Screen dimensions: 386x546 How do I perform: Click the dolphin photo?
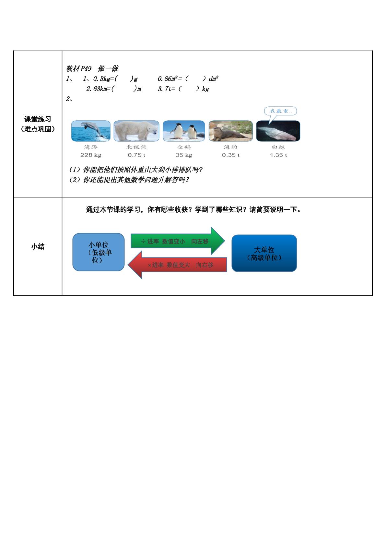[91, 131]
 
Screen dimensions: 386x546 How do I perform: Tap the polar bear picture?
[136, 131]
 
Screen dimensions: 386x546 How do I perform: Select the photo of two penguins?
[184, 131]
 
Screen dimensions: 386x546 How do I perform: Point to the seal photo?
[231, 131]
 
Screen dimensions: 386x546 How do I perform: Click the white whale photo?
[278, 131]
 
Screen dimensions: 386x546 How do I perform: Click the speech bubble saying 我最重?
[280, 111]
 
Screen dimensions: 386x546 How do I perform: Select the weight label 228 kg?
[91, 155]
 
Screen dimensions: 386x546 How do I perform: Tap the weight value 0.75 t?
[136, 155]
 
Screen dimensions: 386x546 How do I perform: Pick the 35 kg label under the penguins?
[184, 155]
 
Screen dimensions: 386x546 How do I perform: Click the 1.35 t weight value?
[278, 155]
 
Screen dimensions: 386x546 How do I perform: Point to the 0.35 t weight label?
[231, 155]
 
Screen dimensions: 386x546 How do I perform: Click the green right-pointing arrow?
[178, 241]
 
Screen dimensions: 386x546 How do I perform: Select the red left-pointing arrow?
[177, 265]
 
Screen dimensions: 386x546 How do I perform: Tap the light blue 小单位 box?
[99, 252]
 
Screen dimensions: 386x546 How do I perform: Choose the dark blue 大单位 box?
[264, 253]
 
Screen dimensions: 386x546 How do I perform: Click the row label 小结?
[38, 246]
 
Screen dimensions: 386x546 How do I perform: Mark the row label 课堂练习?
[38, 119]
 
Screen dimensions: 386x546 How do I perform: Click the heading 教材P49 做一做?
[92, 68]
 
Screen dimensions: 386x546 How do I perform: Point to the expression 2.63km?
[97, 89]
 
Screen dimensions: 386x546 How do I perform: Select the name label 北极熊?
[136, 147]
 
